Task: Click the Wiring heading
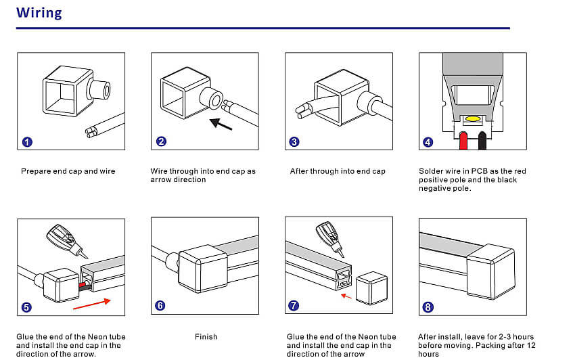39,13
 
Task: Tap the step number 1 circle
26,142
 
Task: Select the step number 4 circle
428,142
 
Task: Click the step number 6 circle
160,305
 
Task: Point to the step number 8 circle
428,307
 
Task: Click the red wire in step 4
463,140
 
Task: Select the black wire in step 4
482,140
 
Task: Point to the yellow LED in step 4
474,119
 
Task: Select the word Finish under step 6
206,336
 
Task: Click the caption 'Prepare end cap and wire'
68,171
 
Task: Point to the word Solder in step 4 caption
431,171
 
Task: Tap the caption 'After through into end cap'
338,171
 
